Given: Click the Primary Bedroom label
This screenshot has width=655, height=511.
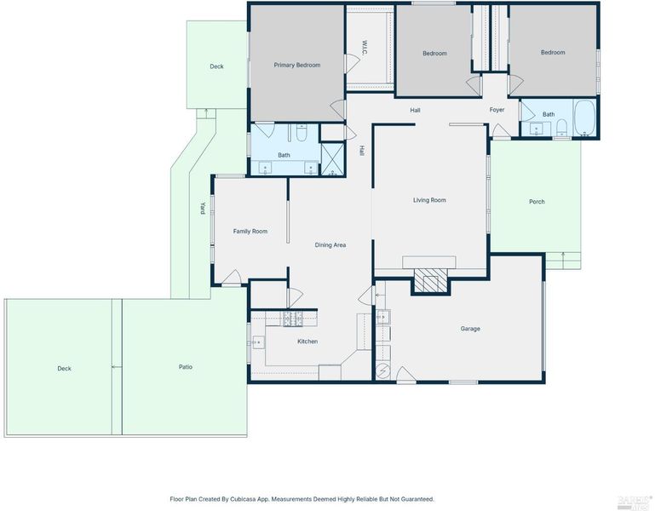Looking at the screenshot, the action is coord(297,66).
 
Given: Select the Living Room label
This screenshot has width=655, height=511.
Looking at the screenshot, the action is coord(429,200).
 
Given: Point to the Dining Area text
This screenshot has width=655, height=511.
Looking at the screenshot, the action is coord(330,245).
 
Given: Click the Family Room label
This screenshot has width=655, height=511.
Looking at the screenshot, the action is coord(250,232).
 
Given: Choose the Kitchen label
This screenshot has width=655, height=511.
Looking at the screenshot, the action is coord(307,342).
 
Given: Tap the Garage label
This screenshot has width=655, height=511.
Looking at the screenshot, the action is coord(470,329).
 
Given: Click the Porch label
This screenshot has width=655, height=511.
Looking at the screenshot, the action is coord(537,202).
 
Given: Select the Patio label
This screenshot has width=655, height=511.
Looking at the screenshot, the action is coord(186,367).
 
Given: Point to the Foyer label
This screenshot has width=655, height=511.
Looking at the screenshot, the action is coord(497,110).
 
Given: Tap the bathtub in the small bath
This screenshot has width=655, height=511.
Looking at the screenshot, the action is coord(584,118).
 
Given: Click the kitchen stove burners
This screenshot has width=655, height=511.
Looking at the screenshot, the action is coord(293,319).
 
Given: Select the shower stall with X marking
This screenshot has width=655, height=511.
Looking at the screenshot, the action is coord(332,159).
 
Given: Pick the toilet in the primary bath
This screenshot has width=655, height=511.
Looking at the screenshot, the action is coord(302,132).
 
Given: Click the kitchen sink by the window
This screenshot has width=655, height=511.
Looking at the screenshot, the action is coord(258,342).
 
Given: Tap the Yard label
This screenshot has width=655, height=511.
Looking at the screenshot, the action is coord(203,209).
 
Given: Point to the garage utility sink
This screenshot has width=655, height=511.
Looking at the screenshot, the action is coord(383,317).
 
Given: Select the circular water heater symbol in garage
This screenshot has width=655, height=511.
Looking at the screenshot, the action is coord(383,370).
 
